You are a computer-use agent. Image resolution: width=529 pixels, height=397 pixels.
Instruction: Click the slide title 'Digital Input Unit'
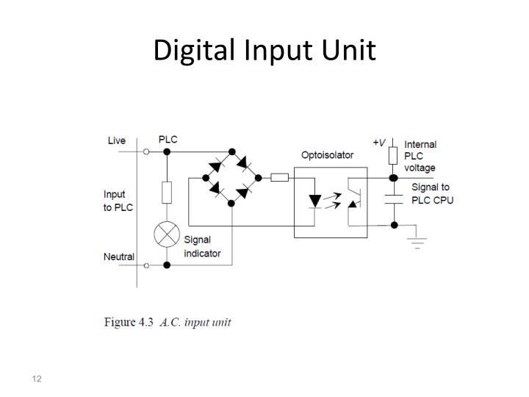click(x=264, y=50)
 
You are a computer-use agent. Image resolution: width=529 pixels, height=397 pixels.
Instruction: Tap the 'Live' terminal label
click(x=117, y=140)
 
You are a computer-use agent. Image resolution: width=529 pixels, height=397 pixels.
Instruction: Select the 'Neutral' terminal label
click(x=118, y=257)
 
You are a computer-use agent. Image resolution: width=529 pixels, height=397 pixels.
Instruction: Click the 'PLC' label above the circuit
click(x=168, y=139)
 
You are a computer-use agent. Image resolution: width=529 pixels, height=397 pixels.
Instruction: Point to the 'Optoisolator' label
click(x=327, y=155)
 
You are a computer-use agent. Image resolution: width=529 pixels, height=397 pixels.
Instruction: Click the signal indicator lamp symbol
click(x=167, y=235)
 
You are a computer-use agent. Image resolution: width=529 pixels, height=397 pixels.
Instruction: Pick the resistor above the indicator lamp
click(x=167, y=193)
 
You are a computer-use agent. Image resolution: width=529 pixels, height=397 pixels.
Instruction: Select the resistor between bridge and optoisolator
click(x=279, y=177)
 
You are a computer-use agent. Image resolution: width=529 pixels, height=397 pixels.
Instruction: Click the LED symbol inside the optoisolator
click(x=315, y=200)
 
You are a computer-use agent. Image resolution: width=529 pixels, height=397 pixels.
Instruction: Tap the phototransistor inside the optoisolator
click(x=353, y=201)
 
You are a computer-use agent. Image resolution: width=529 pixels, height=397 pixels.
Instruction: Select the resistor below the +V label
click(x=394, y=156)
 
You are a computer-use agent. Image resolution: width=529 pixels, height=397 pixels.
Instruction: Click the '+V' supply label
click(x=379, y=142)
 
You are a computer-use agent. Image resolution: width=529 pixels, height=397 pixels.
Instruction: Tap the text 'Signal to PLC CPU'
click(x=431, y=194)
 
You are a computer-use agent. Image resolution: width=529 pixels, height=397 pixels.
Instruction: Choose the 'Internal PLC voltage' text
click(x=420, y=156)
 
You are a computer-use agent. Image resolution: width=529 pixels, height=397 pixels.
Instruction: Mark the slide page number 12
click(x=36, y=379)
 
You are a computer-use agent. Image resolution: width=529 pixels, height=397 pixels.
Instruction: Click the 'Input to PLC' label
click(x=118, y=201)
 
